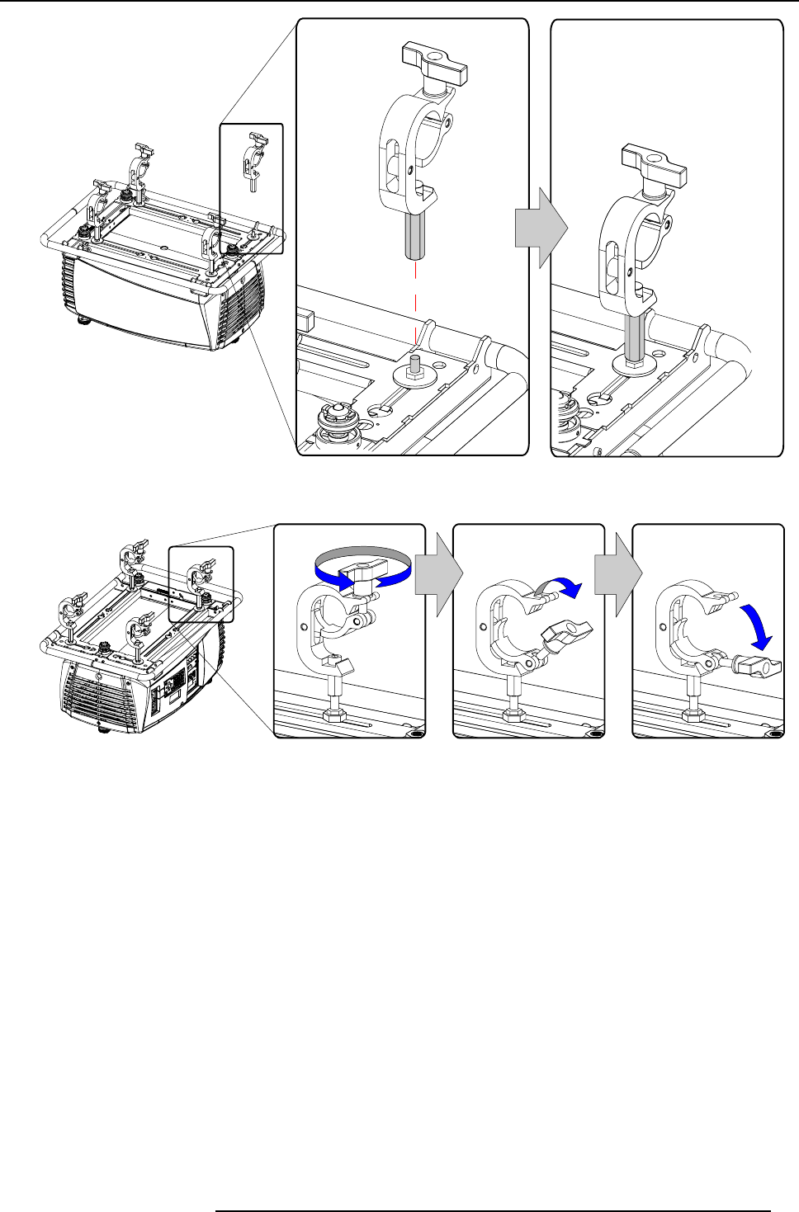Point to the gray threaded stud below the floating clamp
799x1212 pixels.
415,234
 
